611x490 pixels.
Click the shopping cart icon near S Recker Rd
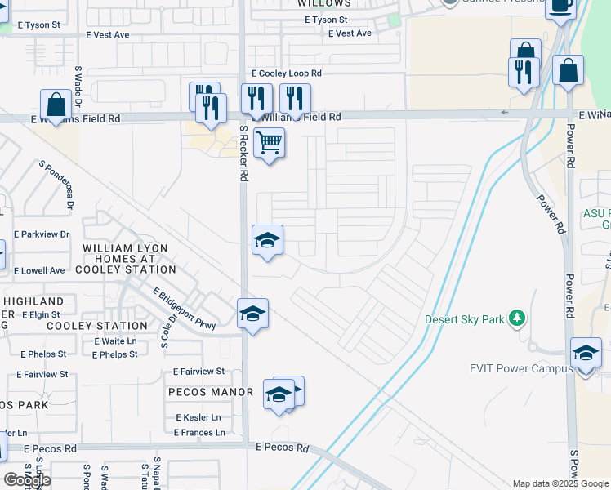[x=269, y=143]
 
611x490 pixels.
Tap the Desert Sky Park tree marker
[x=516, y=318]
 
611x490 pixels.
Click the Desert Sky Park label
[x=465, y=319]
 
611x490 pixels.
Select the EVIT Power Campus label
[x=521, y=369]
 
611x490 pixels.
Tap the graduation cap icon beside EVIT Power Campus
[x=586, y=354]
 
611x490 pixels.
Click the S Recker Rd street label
[x=243, y=154]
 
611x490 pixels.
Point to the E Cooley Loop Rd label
[x=286, y=73]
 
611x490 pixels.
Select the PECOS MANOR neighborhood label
[x=211, y=392]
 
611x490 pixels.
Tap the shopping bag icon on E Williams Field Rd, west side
[x=56, y=105]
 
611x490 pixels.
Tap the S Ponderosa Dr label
[x=56, y=185]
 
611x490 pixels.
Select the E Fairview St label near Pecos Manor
[x=194, y=372]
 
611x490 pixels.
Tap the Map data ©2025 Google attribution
[x=560, y=483]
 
